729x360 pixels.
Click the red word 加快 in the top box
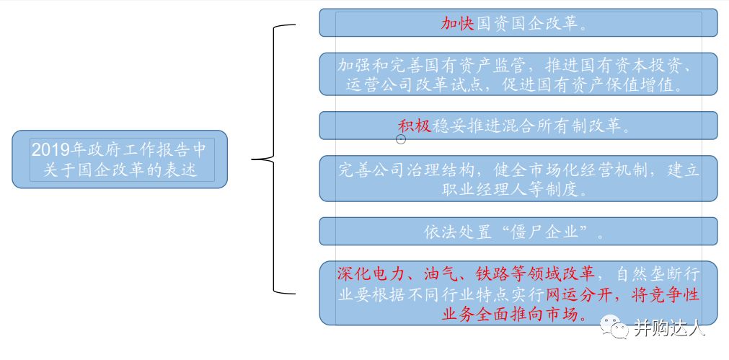click(x=457, y=23)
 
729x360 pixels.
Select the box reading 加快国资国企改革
click(x=518, y=22)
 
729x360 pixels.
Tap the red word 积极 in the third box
click(x=415, y=126)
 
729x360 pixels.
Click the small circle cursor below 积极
click(x=401, y=139)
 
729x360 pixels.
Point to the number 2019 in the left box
click(x=50, y=150)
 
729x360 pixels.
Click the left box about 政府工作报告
click(x=120, y=159)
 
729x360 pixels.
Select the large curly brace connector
click(x=274, y=159)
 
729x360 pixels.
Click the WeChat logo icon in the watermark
click(x=614, y=327)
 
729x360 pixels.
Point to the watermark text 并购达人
click(x=669, y=328)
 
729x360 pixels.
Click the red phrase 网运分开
click(x=579, y=295)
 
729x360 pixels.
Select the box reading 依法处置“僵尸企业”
click(x=518, y=231)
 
